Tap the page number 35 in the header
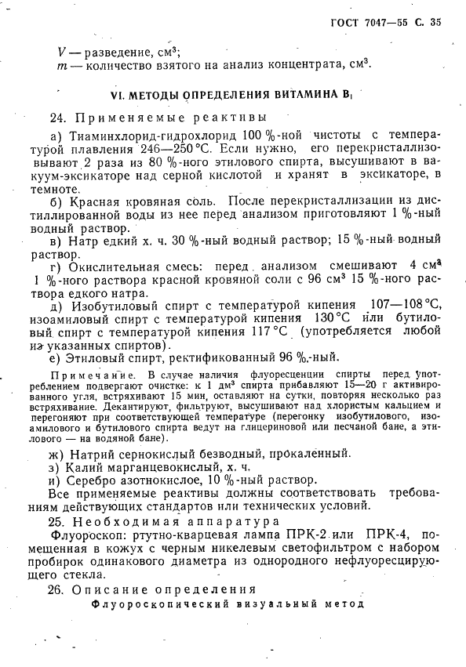pos(435,22)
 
